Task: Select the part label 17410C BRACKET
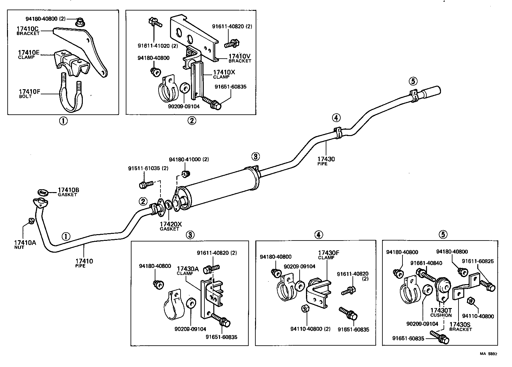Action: click(x=28, y=31)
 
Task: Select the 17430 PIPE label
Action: click(x=326, y=161)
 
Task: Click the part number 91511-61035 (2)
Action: click(x=148, y=168)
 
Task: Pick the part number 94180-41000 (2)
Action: click(x=189, y=159)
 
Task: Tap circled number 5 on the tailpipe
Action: click(x=413, y=82)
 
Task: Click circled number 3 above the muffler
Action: click(x=255, y=156)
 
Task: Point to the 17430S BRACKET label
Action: click(x=460, y=327)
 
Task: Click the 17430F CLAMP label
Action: click(x=329, y=255)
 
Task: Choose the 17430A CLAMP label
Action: click(x=188, y=270)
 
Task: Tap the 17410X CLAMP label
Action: click(x=224, y=74)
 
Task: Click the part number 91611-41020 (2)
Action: click(x=158, y=46)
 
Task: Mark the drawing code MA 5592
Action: click(x=488, y=354)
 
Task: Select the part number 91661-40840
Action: click(x=426, y=263)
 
